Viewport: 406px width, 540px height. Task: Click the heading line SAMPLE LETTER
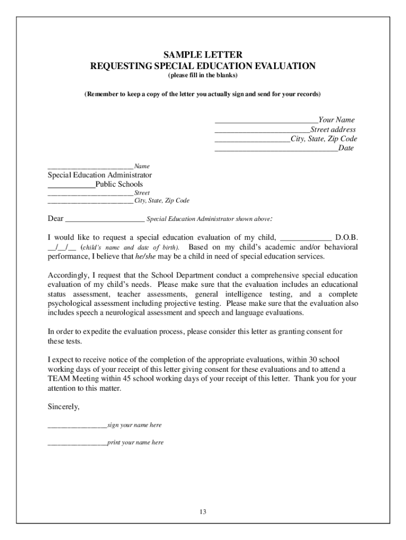pos(202,55)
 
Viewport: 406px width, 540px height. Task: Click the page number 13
pos(202,512)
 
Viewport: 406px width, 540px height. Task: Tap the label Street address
pos(333,130)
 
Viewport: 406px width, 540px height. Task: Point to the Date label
pos(346,149)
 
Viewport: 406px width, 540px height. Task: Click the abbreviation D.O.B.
pos(346,238)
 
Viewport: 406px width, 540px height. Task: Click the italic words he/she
pos(147,257)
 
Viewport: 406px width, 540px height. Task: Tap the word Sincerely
pos(64,407)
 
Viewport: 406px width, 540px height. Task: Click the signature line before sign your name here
pos(77,426)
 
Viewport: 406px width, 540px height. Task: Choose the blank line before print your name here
pos(77,443)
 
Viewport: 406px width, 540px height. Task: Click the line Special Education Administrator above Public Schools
pos(100,175)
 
